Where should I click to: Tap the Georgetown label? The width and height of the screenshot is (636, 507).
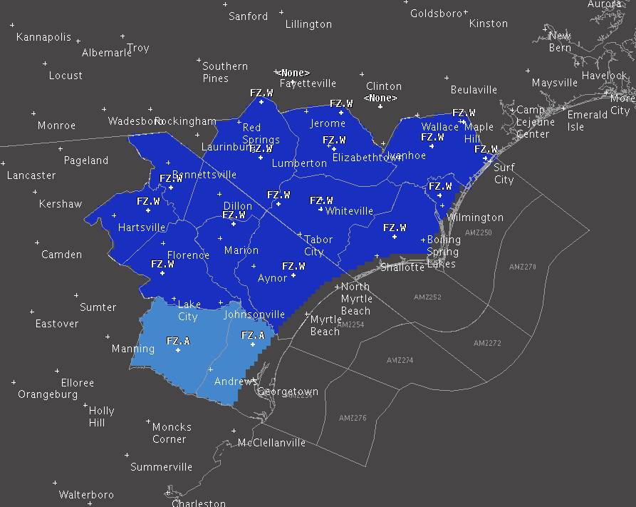pyautogui.click(x=288, y=392)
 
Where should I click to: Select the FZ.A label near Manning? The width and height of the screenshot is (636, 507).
pyautogui.click(x=178, y=341)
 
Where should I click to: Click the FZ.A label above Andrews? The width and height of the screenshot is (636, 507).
pyautogui.click(x=253, y=335)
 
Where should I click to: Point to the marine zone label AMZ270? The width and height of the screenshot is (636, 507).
pyautogui.click(x=523, y=267)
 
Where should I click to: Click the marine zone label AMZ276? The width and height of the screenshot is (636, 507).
pyautogui.click(x=353, y=418)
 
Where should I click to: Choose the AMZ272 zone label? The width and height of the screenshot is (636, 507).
pyautogui.click(x=488, y=343)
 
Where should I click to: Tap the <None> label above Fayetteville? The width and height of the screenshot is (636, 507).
pyautogui.click(x=294, y=73)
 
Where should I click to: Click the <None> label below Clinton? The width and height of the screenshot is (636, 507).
pyautogui.click(x=380, y=98)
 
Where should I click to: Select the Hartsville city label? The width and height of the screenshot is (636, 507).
pyautogui.click(x=142, y=227)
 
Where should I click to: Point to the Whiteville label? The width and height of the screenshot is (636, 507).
pyautogui.click(x=349, y=211)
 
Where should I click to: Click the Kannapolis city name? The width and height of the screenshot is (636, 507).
pyautogui.click(x=43, y=37)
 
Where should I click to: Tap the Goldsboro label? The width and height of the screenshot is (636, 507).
pyautogui.click(x=436, y=14)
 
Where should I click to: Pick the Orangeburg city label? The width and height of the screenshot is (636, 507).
pyautogui.click(x=48, y=394)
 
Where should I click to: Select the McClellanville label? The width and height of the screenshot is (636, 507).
pyautogui.click(x=271, y=443)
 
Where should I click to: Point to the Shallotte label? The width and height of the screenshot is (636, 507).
pyautogui.click(x=402, y=267)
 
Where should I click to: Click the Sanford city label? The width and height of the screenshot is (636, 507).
pyautogui.click(x=248, y=16)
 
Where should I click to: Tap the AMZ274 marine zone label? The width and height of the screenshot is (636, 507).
pyautogui.click(x=400, y=360)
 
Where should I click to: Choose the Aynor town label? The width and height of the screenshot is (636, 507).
pyautogui.click(x=272, y=278)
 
